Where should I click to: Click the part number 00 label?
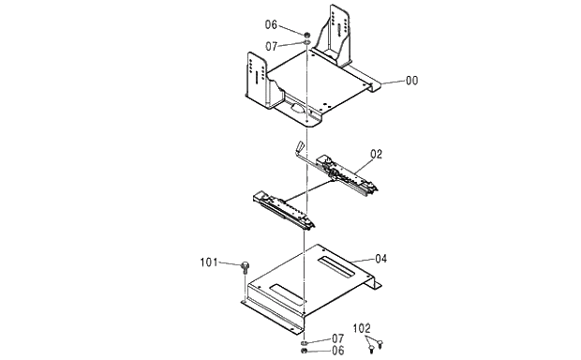pos(411,82)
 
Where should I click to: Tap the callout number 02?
pos(376,153)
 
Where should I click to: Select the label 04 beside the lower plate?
pos(380,258)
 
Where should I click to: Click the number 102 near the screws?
pos(362,328)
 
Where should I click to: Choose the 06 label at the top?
pos(271,25)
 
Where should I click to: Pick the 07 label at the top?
pos(271,45)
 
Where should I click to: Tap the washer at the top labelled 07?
pos(307,44)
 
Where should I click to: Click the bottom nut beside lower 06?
pos(305,352)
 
